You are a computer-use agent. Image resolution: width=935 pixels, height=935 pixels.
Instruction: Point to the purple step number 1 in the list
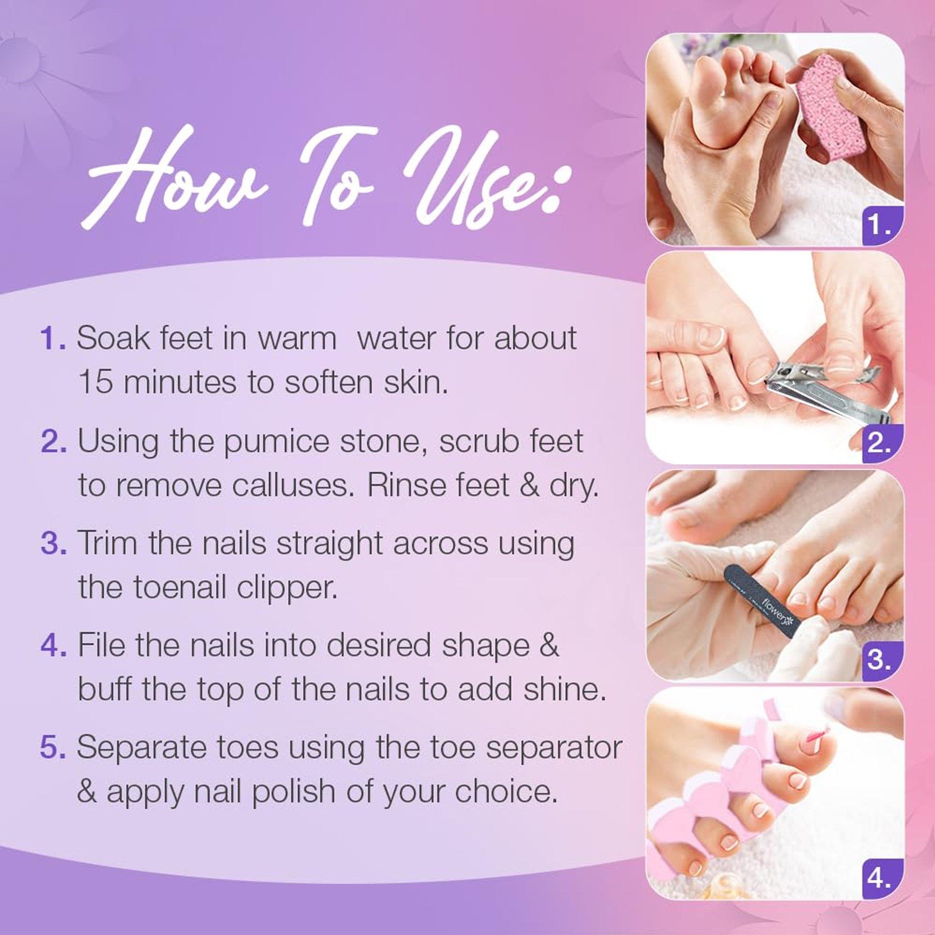point(54,339)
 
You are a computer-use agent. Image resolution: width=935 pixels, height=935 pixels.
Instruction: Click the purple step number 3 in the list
point(54,544)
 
